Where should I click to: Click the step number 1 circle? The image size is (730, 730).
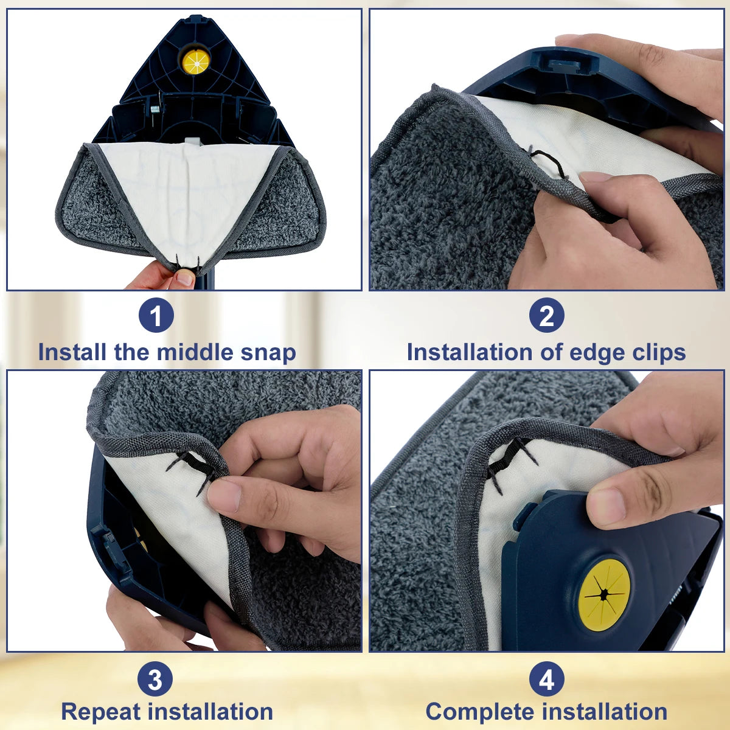pyautogui.click(x=156, y=316)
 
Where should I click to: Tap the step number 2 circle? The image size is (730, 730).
pyautogui.click(x=546, y=316)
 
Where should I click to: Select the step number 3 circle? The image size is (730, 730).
pyautogui.click(x=155, y=680)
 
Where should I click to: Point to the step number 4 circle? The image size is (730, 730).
pyautogui.click(x=546, y=680)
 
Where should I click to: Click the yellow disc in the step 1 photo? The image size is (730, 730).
pyautogui.click(x=196, y=61)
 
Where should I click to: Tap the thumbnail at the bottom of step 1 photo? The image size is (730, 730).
pyautogui.click(x=185, y=279)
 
